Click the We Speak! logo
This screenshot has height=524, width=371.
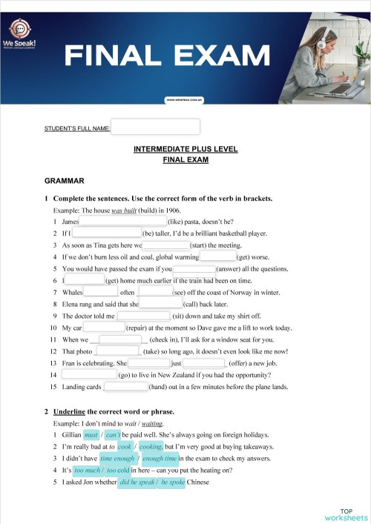click(24, 32)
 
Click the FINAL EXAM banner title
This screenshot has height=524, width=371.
click(167, 55)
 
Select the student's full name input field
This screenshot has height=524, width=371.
click(155, 127)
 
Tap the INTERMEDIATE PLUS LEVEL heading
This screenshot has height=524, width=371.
click(185, 149)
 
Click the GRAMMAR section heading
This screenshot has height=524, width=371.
click(65, 181)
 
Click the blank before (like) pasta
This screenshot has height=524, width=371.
click(123, 221)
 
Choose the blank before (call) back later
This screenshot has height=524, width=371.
click(160, 304)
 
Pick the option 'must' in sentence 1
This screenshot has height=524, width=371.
click(91, 435)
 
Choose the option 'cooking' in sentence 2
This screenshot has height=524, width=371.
click(151, 447)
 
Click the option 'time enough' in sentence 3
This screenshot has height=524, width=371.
click(117, 459)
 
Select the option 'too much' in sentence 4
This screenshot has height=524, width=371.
click(88, 471)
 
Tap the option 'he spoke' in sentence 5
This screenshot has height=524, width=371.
click(172, 482)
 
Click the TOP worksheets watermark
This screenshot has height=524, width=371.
click(345, 514)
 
